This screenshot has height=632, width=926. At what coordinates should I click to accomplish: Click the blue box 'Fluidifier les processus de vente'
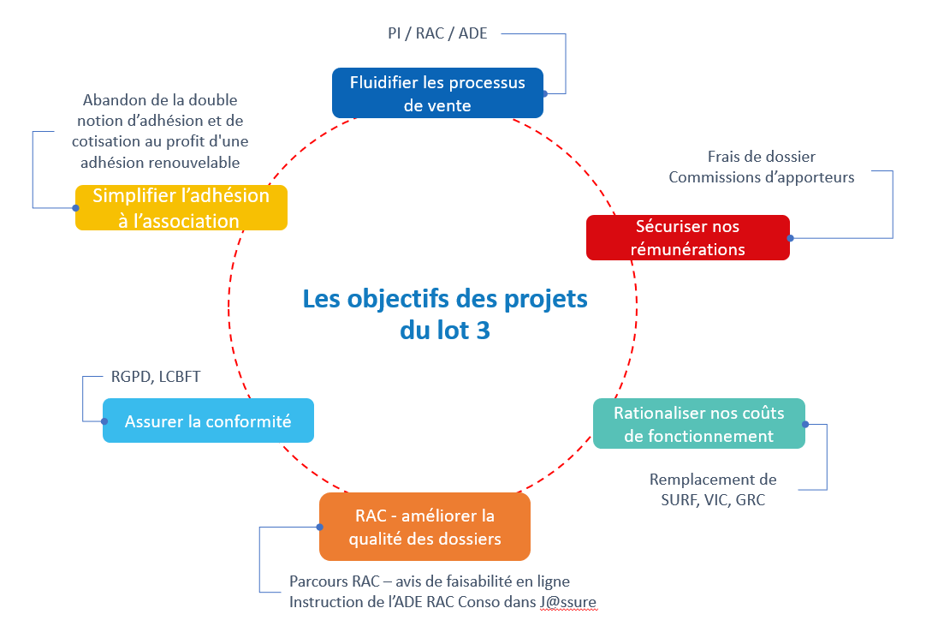(437, 92)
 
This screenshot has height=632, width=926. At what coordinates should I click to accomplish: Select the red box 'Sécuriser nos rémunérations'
(687, 237)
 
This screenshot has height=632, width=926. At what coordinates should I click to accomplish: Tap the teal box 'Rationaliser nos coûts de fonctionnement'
(699, 423)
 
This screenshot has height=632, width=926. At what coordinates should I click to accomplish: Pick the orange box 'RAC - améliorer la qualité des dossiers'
(424, 527)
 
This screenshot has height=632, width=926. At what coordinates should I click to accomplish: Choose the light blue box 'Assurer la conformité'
(208, 420)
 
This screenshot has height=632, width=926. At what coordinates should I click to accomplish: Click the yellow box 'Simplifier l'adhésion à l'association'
(181, 207)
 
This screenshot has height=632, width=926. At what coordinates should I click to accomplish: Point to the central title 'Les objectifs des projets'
(445, 300)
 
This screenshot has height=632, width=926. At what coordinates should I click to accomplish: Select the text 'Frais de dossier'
(762, 157)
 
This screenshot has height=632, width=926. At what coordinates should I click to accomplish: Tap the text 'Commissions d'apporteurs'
(762, 177)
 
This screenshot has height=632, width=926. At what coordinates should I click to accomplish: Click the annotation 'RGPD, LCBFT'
(156, 377)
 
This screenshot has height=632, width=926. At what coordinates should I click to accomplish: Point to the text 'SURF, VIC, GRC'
(713, 499)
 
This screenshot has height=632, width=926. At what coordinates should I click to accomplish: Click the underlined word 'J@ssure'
(567, 603)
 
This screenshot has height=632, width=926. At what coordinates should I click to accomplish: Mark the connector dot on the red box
(790, 238)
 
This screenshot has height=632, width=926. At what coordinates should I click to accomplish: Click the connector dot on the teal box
(805, 423)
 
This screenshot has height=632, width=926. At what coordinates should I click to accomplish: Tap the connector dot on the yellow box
(75, 207)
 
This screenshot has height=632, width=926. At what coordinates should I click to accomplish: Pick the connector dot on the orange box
(319, 527)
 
